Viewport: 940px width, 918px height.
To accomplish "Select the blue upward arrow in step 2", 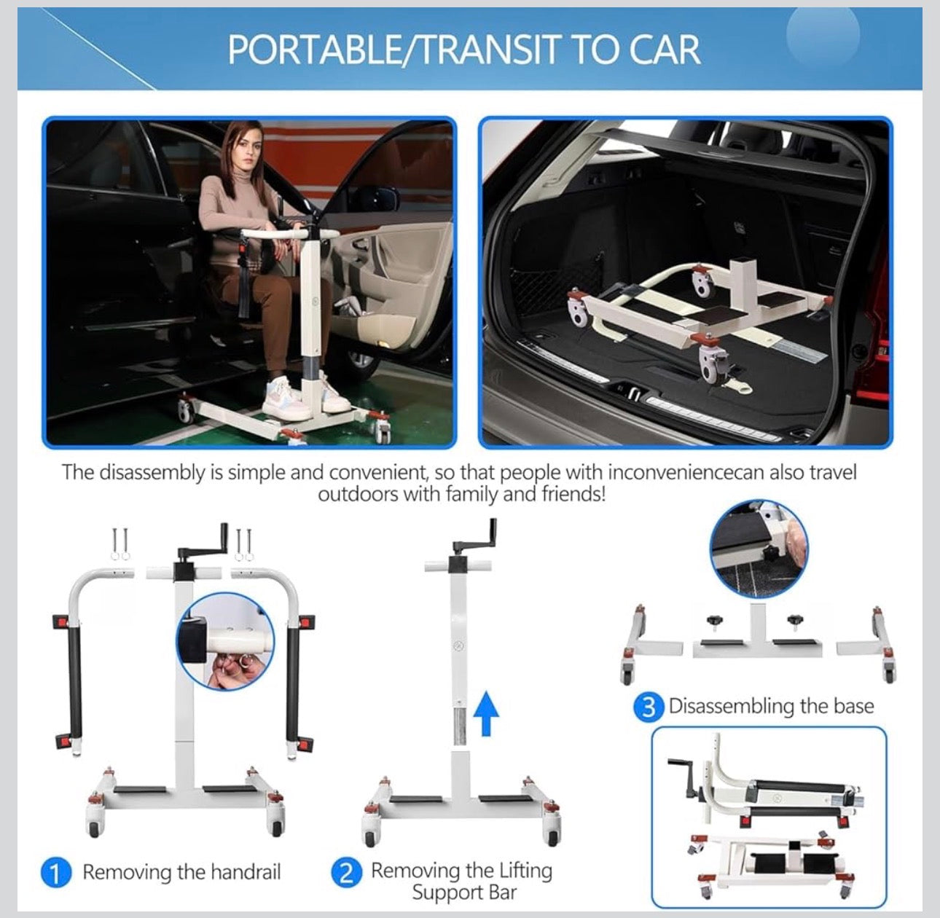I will tap(486, 713).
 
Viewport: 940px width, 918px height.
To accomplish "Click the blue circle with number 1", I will tap(55, 872).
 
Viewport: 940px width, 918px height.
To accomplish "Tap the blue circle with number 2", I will tap(346, 872).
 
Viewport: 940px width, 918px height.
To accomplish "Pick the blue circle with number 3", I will tap(648, 707).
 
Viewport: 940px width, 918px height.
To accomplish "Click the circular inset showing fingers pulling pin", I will tap(224, 642).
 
